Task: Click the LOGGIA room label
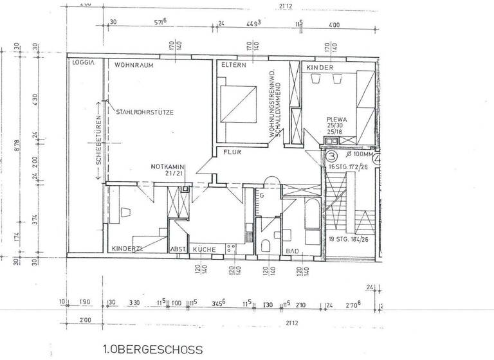84,64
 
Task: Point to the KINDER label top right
320,67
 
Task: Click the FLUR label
232,153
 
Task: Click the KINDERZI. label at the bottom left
126,248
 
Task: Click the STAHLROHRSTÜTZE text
145,112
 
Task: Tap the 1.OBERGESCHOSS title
152,350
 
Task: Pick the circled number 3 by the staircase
331,156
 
